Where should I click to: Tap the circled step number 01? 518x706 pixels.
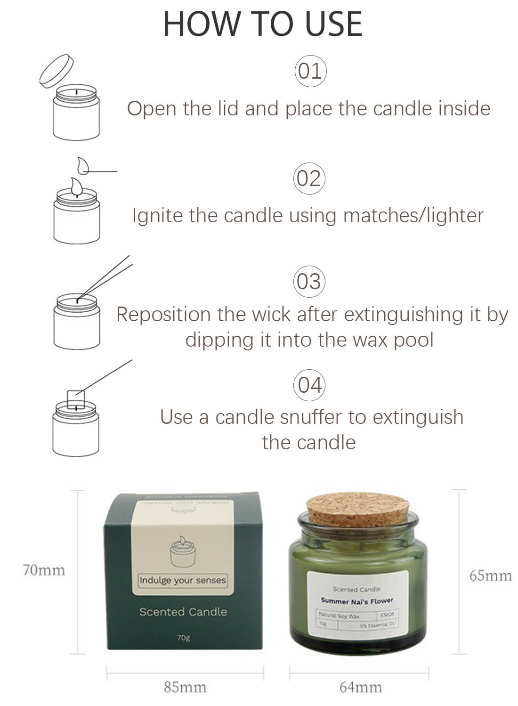(x=310, y=72)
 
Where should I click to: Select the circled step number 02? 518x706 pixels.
(x=309, y=179)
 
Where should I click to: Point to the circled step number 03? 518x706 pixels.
(x=309, y=282)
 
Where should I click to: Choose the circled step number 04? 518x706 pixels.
(x=309, y=385)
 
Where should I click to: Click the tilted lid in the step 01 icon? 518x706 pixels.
(x=57, y=71)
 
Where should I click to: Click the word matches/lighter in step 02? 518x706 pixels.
(x=413, y=216)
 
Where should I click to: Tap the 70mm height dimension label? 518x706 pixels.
(x=44, y=570)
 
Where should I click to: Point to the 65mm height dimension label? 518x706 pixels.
(x=490, y=576)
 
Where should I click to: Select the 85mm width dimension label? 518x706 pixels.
(x=185, y=687)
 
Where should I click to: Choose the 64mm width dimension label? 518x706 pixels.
(x=360, y=687)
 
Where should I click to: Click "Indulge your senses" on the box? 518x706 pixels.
(x=183, y=580)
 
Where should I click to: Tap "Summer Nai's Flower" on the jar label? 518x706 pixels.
(x=356, y=601)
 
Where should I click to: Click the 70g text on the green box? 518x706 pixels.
(x=184, y=638)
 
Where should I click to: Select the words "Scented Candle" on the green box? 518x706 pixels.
(x=183, y=612)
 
